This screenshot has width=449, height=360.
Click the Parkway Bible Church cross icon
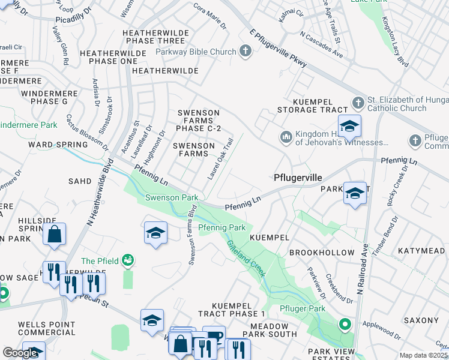point(245,52)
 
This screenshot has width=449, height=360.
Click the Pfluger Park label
point(303,308)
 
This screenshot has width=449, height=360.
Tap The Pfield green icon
point(127,260)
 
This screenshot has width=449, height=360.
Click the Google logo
point(20,353)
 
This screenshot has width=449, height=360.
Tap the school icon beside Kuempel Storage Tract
point(349,126)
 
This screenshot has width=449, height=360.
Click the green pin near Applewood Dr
point(345,325)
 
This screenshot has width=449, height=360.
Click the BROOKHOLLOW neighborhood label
point(316,253)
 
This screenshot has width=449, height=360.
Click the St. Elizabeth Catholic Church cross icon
point(358,103)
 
